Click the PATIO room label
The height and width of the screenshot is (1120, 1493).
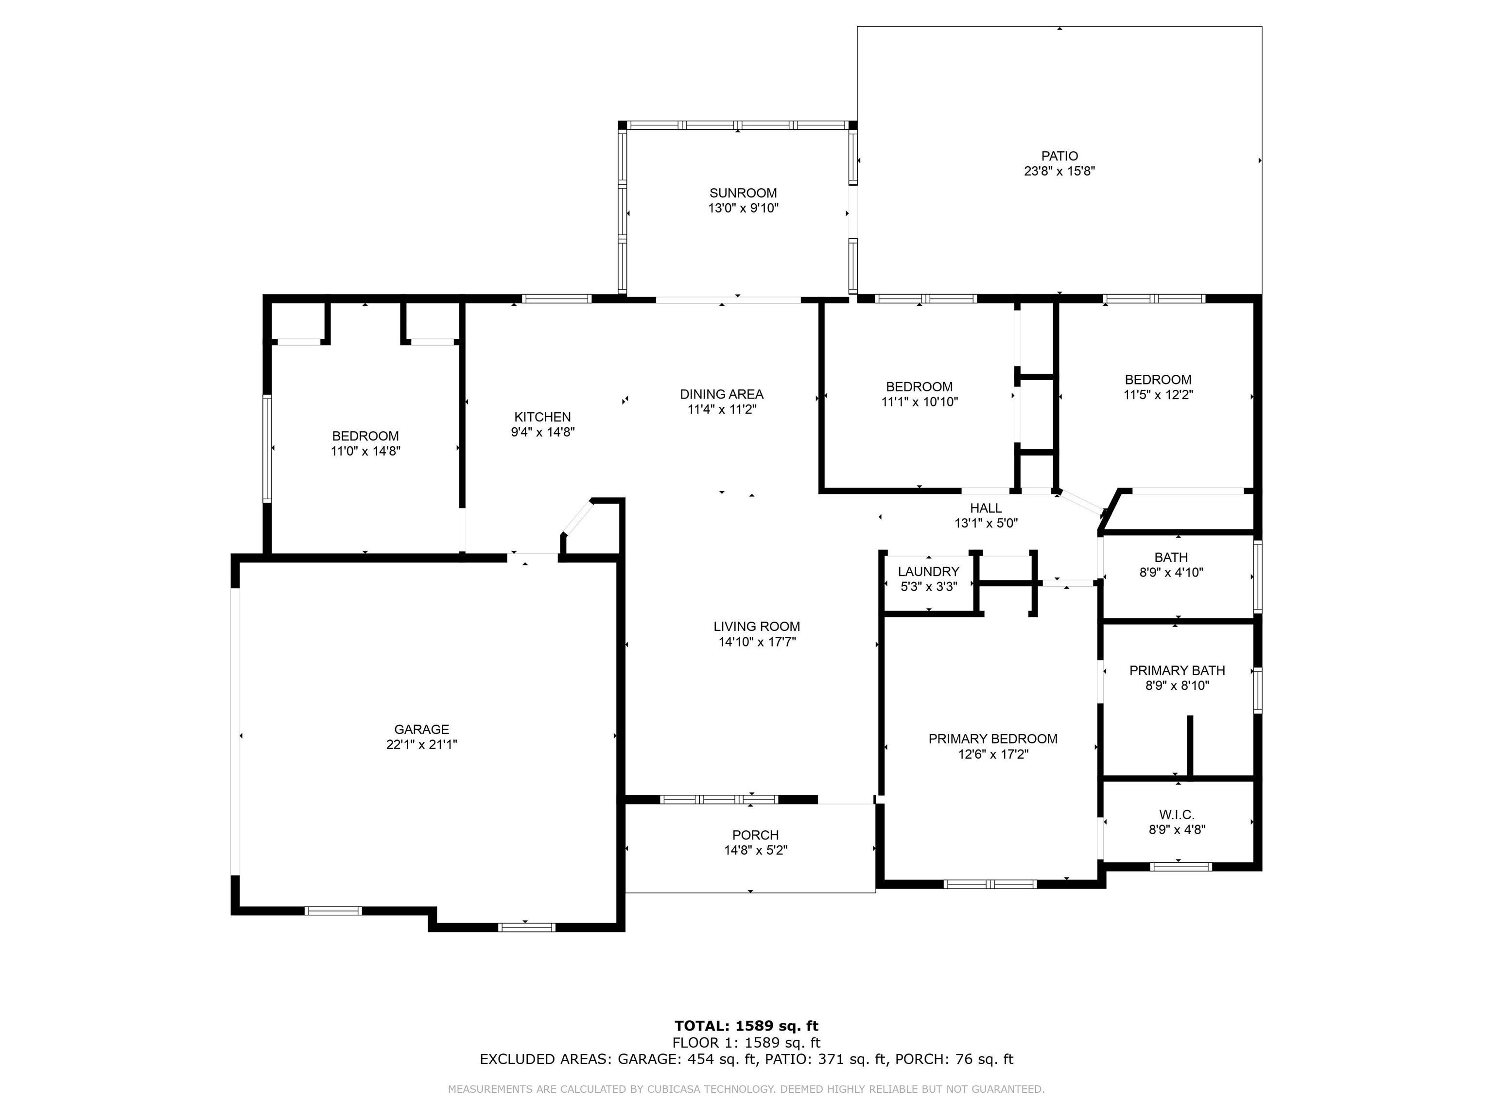click(1059, 156)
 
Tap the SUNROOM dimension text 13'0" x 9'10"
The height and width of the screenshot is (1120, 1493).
click(743, 209)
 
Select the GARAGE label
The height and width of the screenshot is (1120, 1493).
click(421, 729)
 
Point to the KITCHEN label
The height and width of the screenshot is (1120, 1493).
click(542, 417)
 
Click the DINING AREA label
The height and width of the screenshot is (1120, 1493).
click(722, 394)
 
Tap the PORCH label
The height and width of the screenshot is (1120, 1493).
click(755, 835)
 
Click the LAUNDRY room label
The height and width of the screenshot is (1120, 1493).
click(928, 572)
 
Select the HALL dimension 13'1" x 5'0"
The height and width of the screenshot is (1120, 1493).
click(986, 523)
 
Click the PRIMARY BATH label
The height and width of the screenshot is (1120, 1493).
click(1177, 670)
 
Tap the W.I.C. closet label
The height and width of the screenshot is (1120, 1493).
click(1177, 815)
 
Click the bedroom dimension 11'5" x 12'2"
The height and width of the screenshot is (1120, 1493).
click(1158, 395)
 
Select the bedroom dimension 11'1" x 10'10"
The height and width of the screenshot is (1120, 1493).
click(920, 402)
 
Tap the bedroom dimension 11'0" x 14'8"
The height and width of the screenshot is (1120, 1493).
click(365, 451)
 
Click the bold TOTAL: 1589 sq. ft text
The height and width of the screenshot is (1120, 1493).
click(746, 1027)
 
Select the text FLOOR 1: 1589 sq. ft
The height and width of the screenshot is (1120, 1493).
click(746, 1043)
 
